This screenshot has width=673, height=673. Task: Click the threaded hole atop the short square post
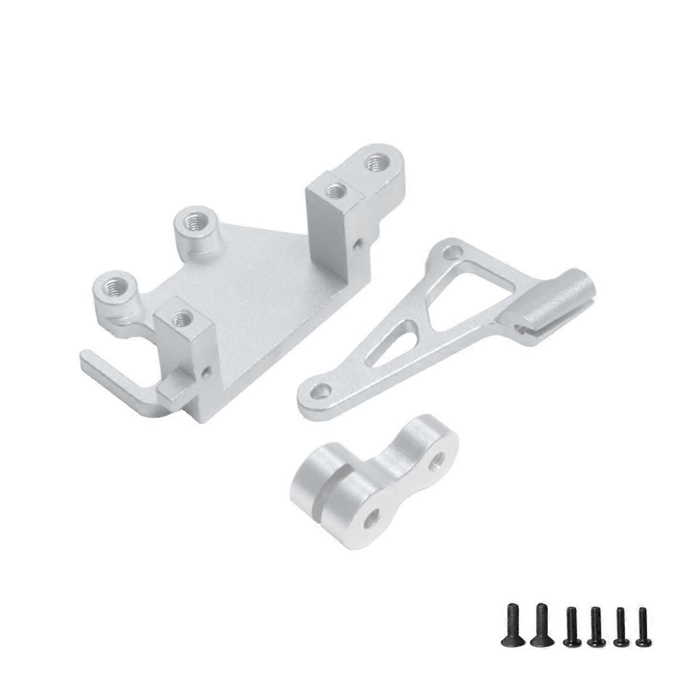click(180, 318)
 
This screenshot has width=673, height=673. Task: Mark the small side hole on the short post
click(208, 370)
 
